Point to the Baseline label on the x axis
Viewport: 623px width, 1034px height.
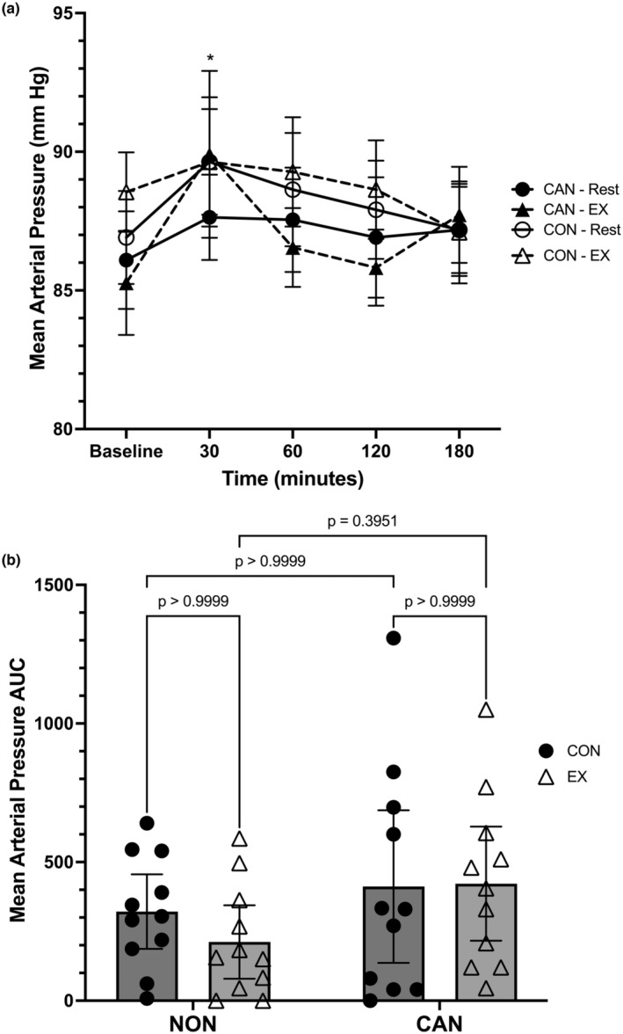127,452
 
